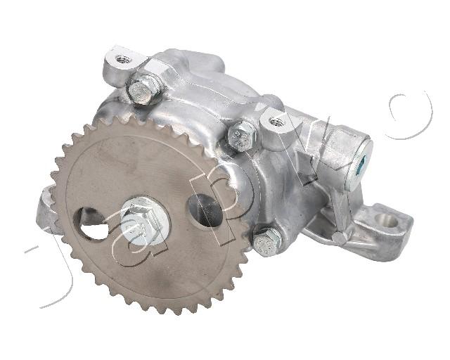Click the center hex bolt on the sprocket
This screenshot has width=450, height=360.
pyautogui.click(x=141, y=221)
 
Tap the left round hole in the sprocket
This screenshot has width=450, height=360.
pyautogui.click(x=91, y=223)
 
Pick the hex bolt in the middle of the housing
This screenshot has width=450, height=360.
pyautogui.click(x=242, y=136)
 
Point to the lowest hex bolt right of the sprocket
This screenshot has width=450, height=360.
pyautogui.click(x=266, y=242)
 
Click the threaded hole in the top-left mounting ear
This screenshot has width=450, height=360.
pyautogui.click(x=124, y=60)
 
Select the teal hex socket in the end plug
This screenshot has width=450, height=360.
pyautogui.click(x=361, y=166)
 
